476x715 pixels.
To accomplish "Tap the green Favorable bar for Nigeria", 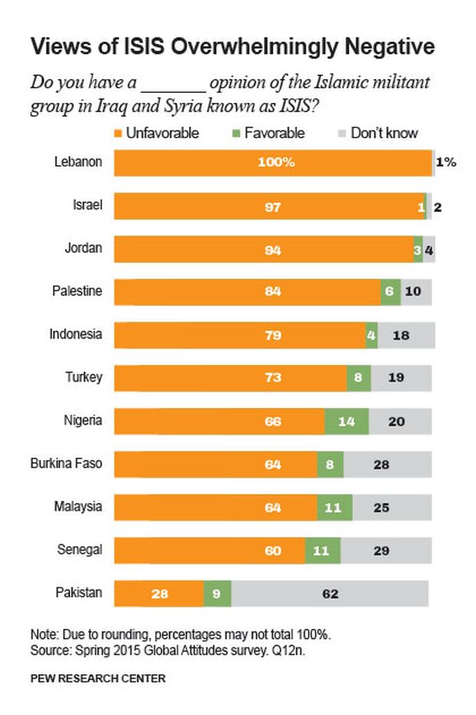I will (x=346, y=421).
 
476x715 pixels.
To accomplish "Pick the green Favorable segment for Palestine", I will (x=391, y=292).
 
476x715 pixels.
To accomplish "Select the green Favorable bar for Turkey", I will (x=359, y=378).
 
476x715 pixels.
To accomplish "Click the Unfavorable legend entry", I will (x=157, y=133).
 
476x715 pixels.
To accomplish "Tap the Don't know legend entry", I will (x=376, y=133).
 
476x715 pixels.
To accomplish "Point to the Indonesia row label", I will (x=76, y=335).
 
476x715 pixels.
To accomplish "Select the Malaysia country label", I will (x=78, y=507).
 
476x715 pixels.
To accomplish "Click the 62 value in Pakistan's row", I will (x=330, y=593).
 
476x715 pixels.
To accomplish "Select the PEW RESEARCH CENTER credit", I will (x=98, y=678).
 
